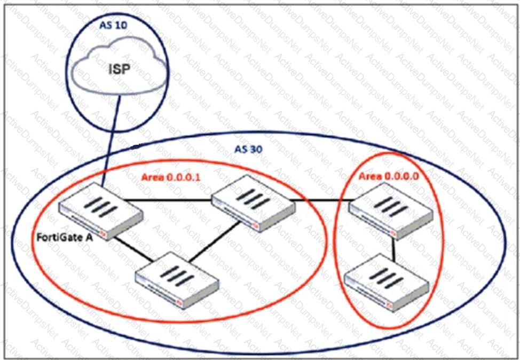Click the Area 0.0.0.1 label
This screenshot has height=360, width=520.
pyautogui.click(x=170, y=177)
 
